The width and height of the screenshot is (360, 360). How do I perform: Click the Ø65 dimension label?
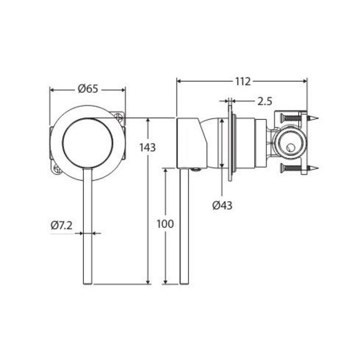[x=88, y=89]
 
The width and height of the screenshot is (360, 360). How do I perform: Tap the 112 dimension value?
[x=243, y=81]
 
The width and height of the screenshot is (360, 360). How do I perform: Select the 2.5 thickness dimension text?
[x=264, y=101]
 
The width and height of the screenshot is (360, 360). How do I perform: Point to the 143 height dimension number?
[x=148, y=148]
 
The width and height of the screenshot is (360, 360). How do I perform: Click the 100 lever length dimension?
[x=165, y=224]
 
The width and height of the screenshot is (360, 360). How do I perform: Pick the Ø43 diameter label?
[x=222, y=205]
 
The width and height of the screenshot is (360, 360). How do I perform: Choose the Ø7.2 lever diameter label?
[x=61, y=225]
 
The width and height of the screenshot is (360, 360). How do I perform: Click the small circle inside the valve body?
[x=290, y=148]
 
